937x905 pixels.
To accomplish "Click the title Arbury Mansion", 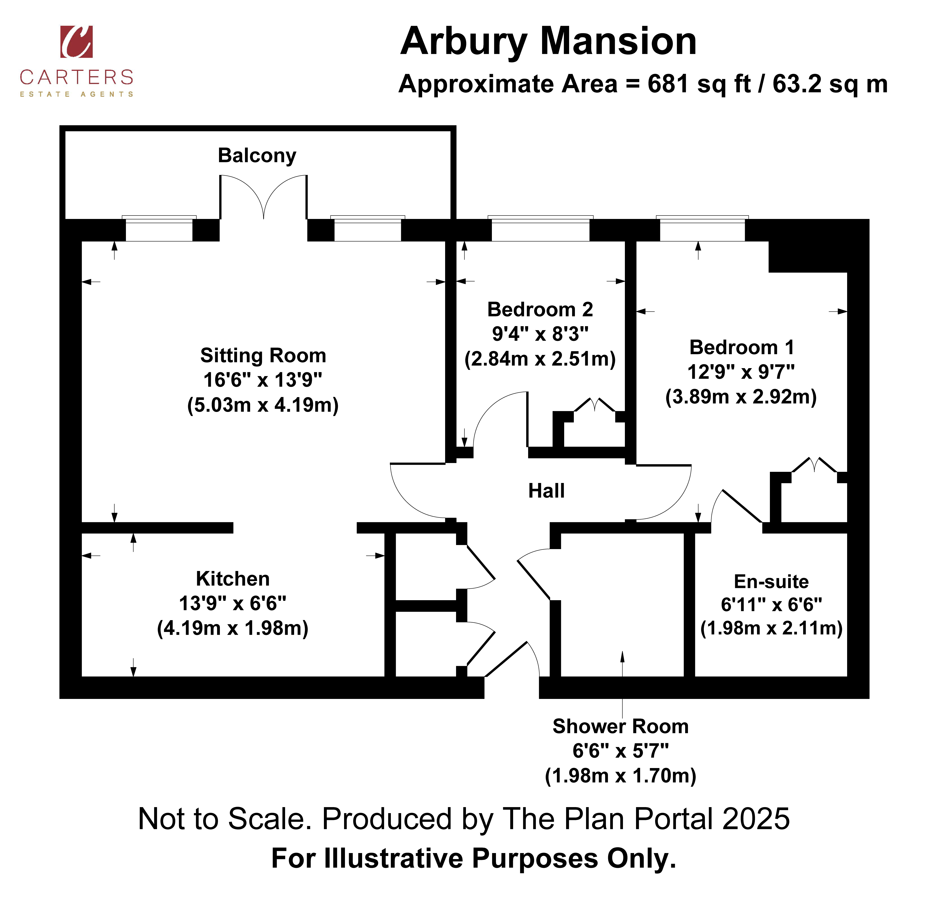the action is (x=548, y=42).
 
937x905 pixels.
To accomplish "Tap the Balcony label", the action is (x=257, y=155).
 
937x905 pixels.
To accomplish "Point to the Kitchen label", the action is (x=233, y=579).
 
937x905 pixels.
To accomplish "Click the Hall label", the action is (x=546, y=491).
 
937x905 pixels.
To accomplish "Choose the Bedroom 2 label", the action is (x=540, y=310).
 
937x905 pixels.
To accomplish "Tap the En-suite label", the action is (x=772, y=582).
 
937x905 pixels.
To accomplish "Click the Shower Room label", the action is (x=621, y=726).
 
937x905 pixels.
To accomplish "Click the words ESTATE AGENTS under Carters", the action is (x=77, y=94).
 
